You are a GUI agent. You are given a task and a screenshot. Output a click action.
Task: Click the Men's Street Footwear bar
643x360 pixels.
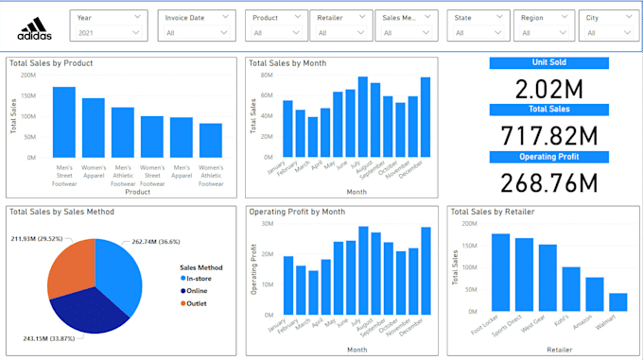(x=64, y=122)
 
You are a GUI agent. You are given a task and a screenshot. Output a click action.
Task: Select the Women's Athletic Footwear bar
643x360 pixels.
(x=211, y=140)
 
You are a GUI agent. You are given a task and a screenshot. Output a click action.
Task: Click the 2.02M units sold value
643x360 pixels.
(x=548, y=90)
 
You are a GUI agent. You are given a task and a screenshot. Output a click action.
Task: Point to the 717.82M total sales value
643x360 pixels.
(x=548, y=135)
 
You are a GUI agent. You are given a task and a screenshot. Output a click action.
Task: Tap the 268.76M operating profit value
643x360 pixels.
(x=548, y=180)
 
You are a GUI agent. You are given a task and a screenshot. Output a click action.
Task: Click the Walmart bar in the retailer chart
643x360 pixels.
(x=617, y=302)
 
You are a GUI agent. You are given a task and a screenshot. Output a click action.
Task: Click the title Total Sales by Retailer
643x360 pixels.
(x=490, y=212)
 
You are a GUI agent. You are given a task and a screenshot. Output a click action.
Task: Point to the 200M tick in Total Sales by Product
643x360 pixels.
(x=31, y=76)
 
